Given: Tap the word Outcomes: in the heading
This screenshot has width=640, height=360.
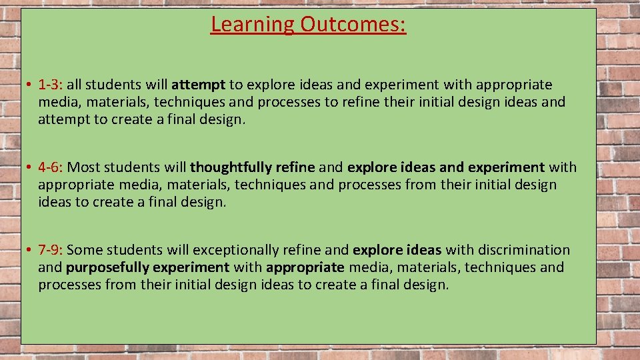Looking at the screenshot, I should tap(353, 25).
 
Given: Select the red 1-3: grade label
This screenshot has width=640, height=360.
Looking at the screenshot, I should tap(51, 85).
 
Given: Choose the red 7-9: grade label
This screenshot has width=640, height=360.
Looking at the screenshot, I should tap(51, 250).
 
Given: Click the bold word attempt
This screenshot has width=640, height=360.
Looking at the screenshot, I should tap(199, 85).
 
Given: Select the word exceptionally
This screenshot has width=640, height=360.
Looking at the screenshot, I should tap(236, 251).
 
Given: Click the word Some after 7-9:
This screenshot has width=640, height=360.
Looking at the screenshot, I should tap(85, 250).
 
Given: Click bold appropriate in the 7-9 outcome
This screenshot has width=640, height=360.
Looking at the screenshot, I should tap(305, 268).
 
